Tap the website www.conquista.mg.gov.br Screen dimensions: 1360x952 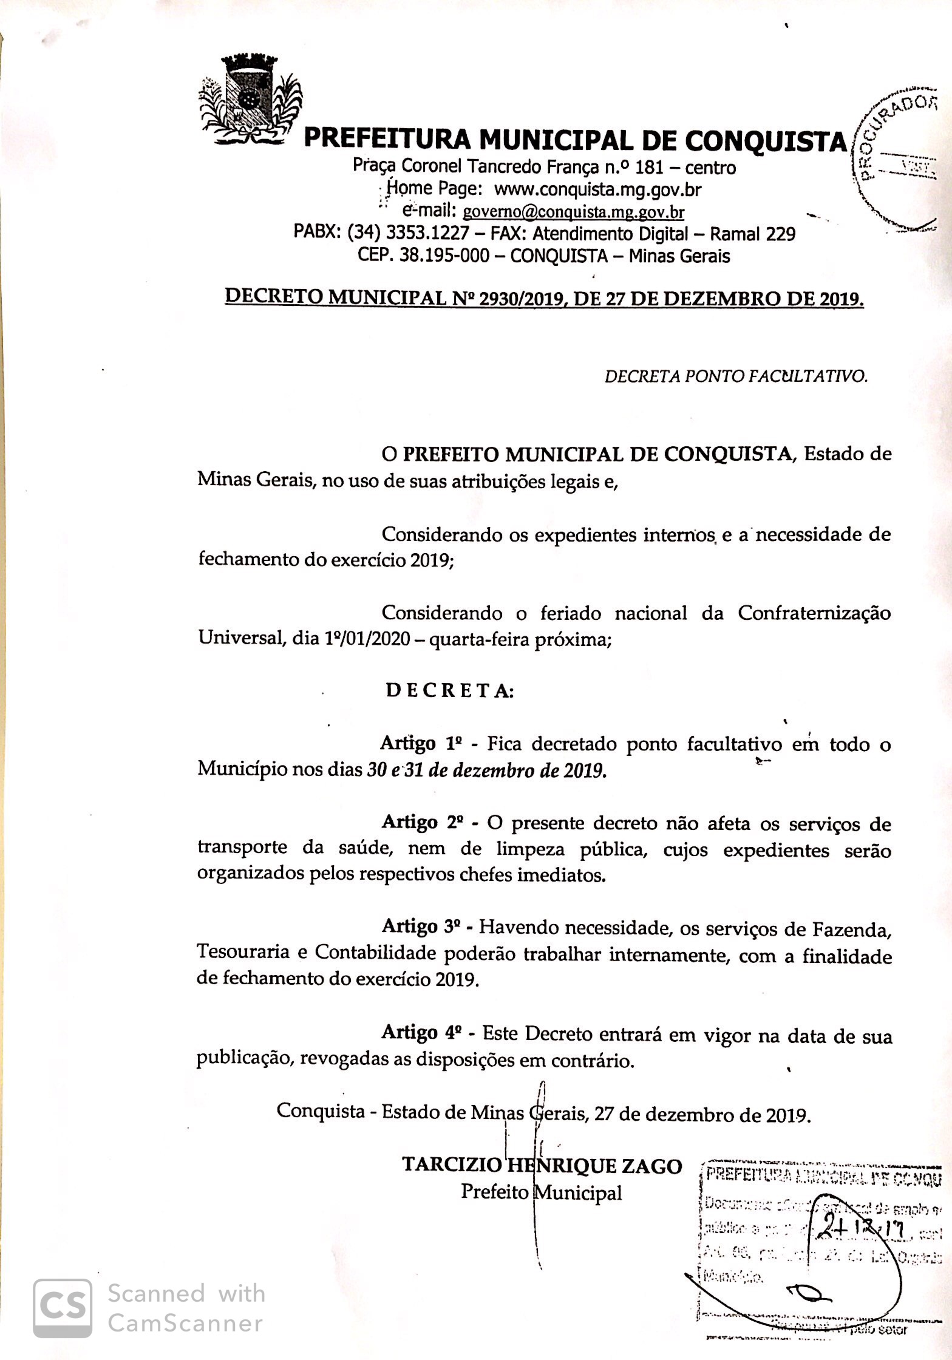tap(597, 189)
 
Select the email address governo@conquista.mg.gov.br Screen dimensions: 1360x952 tap(573, 212)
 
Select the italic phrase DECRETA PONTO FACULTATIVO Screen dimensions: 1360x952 tap(736, 376)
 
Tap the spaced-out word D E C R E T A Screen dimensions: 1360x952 tap(449, 691)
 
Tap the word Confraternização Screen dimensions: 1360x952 tap(814, 613)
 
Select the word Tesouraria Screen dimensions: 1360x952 tap(243, 952)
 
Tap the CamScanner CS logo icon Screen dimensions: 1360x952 tap(63, 1308)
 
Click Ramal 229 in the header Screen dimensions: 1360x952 tap(752, 234)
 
